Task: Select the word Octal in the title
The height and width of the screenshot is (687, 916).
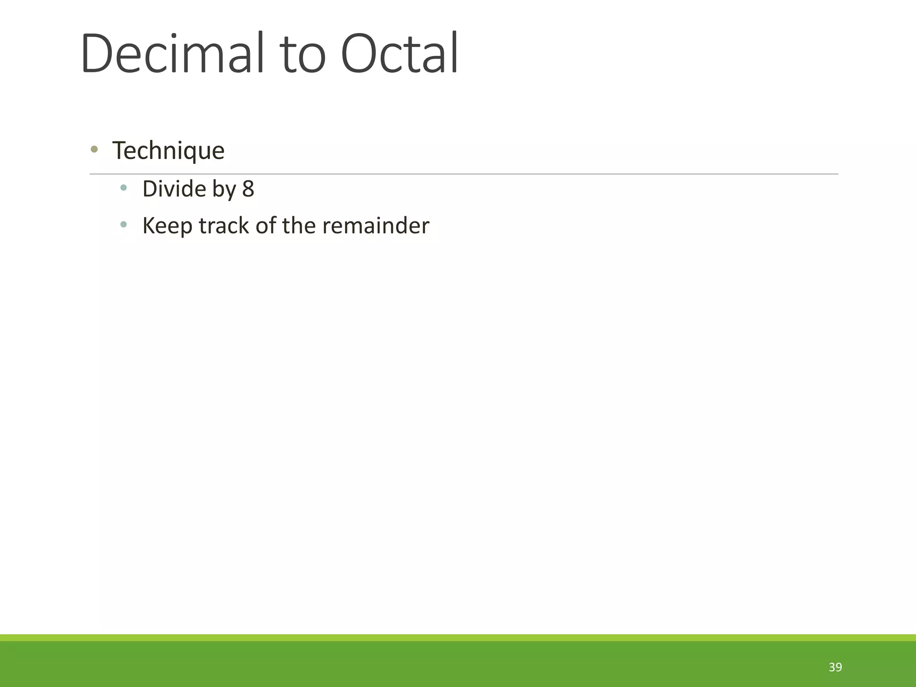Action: (x=399, y=54)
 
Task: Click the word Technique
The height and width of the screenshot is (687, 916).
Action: (x=168, y=151)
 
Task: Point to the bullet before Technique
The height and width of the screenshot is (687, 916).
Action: (x=94, y=149)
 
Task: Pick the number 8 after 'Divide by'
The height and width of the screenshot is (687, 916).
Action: (x=248, y=189)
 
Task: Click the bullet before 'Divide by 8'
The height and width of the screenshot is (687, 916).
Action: (x=124, y=188)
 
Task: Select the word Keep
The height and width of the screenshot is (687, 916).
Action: (x=167, y=226)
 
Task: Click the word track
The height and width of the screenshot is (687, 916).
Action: (x=224, y=225)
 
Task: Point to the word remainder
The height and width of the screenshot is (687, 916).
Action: (x=376, y=225)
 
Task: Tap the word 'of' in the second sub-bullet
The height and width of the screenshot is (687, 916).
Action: (x=266, y=225)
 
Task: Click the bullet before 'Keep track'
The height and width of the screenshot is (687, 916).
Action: (x=124, y=225)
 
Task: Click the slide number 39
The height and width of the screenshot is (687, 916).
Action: (x=835, y=667)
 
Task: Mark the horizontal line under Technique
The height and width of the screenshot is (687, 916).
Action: (x=464, y=174)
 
